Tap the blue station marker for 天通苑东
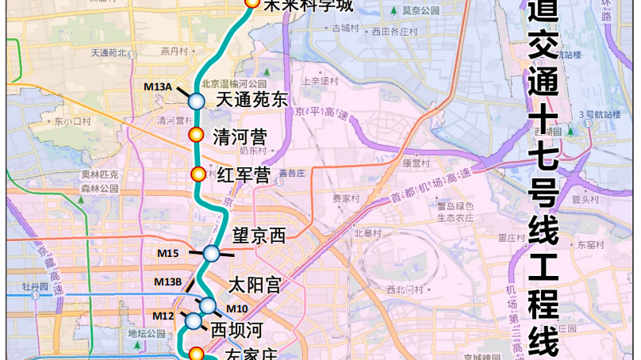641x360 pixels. point(197,101)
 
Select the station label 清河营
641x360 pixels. point(240,136)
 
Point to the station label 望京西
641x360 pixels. point(258,236)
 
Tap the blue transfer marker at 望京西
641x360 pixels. point(211,254)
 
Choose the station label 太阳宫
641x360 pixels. point(254,285)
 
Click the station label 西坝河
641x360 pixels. point(235,327)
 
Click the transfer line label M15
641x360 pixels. point(167,253)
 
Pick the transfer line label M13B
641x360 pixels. point(168,281)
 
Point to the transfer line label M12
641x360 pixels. point(163,316)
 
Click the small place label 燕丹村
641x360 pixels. point(173,51)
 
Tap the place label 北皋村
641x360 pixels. point(367,233)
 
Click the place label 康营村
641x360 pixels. point(416,163)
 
